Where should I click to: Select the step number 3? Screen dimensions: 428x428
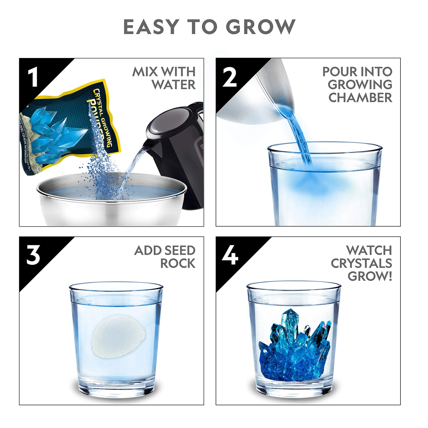click(x=33, y=255)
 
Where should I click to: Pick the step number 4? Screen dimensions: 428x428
click(x=230, y=255)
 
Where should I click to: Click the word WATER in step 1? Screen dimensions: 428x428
click(x=174, y=85)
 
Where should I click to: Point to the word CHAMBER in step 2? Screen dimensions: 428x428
click(x=360, y=98)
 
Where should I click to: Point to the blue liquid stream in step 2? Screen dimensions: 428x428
click(x=299, y=133)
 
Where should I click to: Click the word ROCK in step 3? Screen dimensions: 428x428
click(x=178, y=264)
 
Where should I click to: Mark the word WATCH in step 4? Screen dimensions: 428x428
click(x=369, y=251)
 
